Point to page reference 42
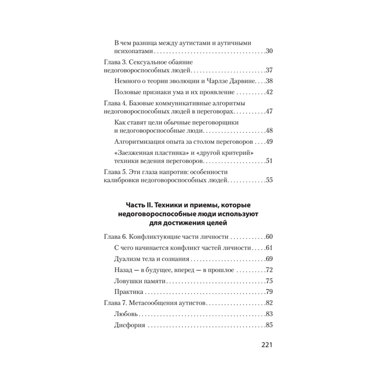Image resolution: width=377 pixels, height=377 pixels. [x=269, y=92]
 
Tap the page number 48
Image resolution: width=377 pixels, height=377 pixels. [x=269, y=131]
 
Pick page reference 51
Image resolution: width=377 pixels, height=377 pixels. [x=269, y=161]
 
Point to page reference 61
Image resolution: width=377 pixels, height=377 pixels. [x=269, y=248]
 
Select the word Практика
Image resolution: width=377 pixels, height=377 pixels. [x=128, y=292]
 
